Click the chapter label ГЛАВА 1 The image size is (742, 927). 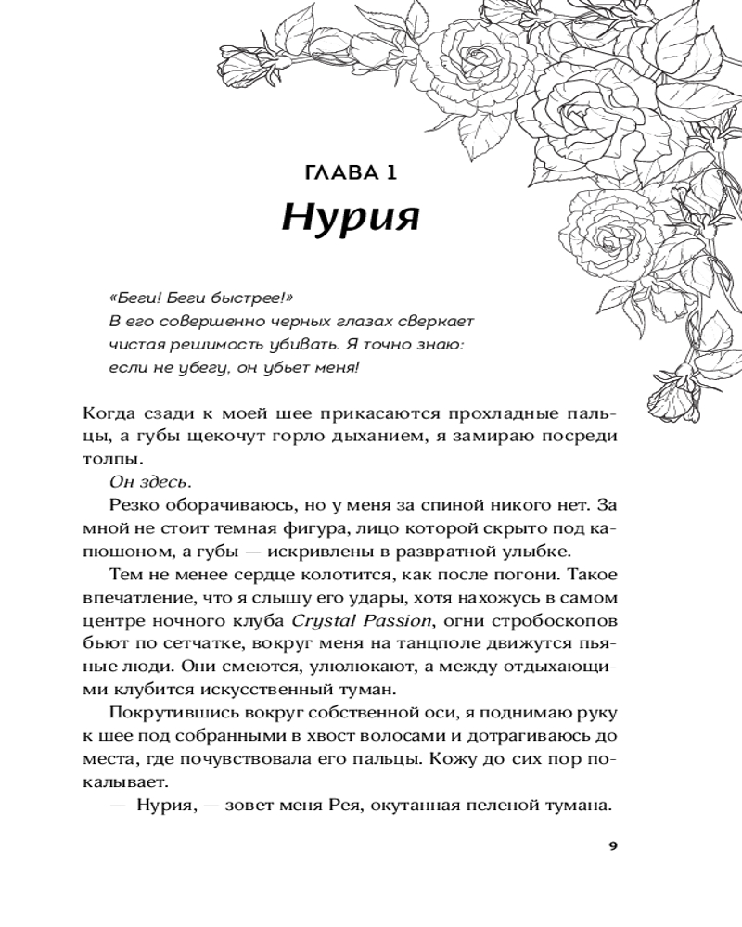tap(352, 172)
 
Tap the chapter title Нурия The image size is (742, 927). tap(352, 219)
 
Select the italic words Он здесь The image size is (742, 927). tap(151, 482)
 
